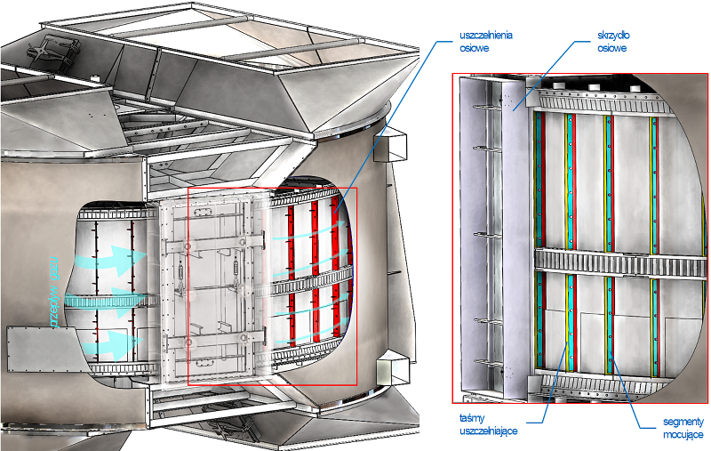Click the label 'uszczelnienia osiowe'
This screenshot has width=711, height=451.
pyautogui.click(x=485, y=41)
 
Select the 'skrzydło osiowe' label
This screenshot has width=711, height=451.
pyautogui.click(x=611, y=41)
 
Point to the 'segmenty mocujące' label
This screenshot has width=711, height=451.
pyautogui.click(x=683, y=428)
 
